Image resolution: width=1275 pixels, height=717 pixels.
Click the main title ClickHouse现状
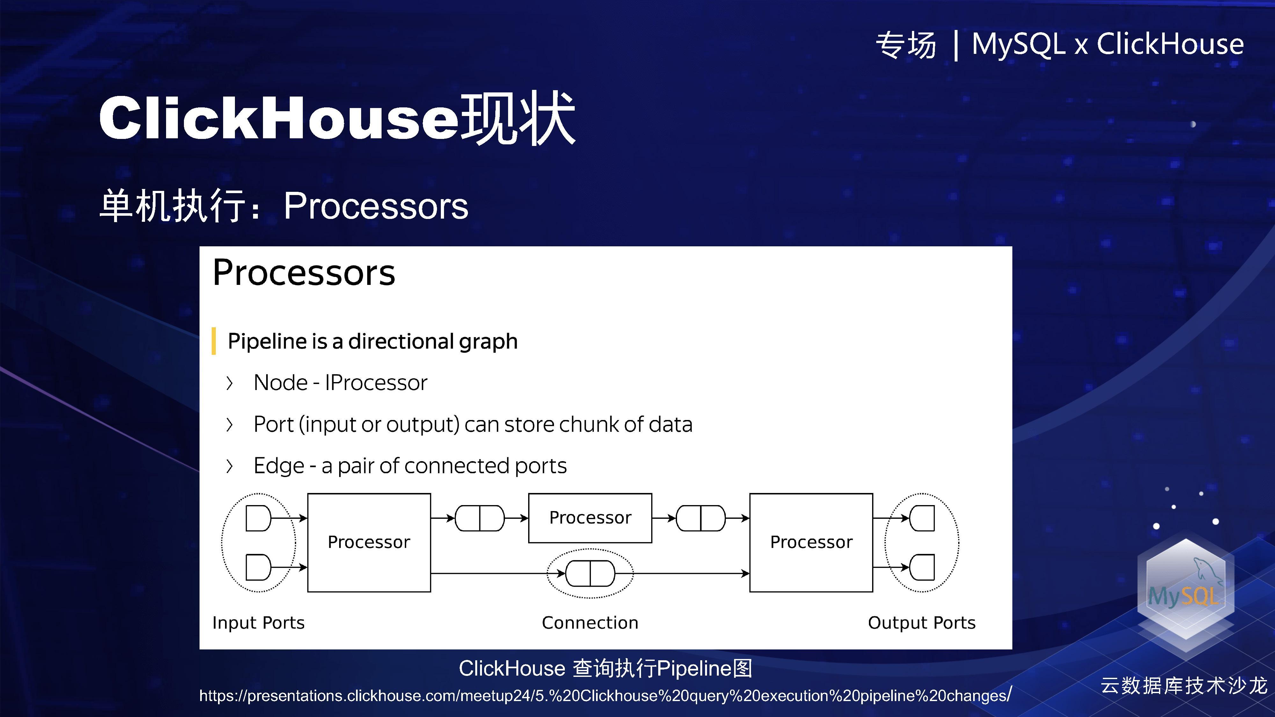click(337, 119)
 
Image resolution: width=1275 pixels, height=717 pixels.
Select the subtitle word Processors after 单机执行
click(376, 206)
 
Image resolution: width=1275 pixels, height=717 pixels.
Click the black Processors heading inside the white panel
click(304, 273)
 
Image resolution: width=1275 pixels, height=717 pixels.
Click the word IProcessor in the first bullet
click(376, 382)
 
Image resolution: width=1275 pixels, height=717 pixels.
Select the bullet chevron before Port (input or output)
click(229, 424)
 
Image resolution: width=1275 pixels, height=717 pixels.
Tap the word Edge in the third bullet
click(279, 466)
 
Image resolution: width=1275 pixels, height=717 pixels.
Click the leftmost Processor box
click(369, 542)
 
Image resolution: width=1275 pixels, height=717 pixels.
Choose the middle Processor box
click(590, 518)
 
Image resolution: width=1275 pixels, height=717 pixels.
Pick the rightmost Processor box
click(811, 542)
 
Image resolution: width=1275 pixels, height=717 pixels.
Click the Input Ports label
click(259, 622)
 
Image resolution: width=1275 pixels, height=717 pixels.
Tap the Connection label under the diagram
click(590, 622)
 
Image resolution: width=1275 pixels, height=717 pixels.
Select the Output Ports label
click(922, 622)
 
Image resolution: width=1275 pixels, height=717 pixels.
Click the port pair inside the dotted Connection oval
click(590, 574)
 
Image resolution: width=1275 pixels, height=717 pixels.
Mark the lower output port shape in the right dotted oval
click(922, 567)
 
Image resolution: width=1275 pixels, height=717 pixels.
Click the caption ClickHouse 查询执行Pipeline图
click(605, 669)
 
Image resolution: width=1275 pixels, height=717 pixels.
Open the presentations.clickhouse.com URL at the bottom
click(605, 696)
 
